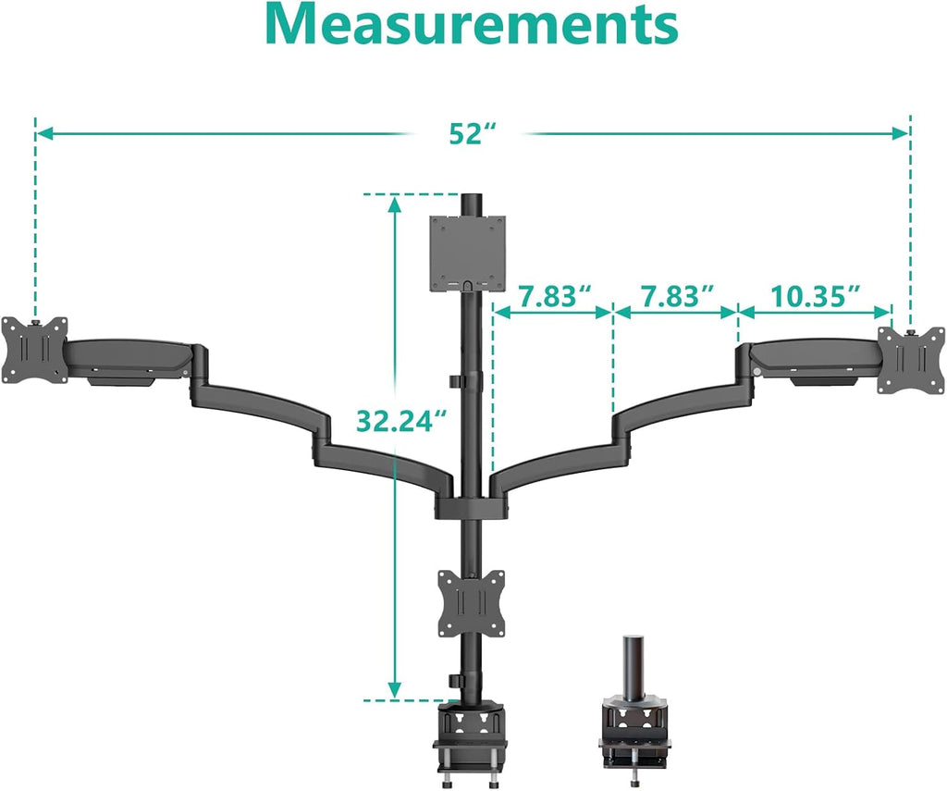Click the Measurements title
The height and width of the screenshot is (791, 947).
click(472, 26)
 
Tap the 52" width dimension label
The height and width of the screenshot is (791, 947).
click(468, 134)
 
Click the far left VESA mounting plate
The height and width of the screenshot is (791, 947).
click(35, 350)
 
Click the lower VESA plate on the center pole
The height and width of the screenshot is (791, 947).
click(471, 603)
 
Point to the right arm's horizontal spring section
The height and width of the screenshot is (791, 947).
click(814, 355)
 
